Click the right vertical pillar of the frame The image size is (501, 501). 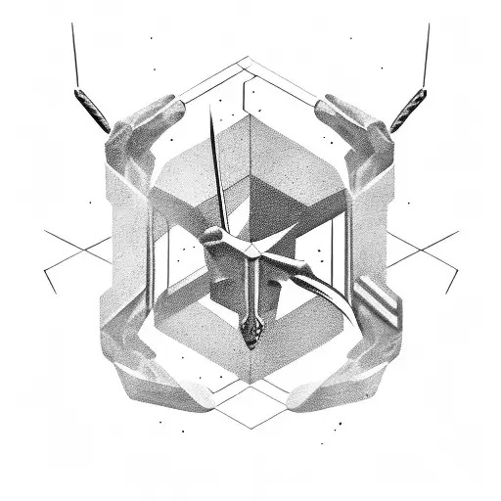pos(378,235)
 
